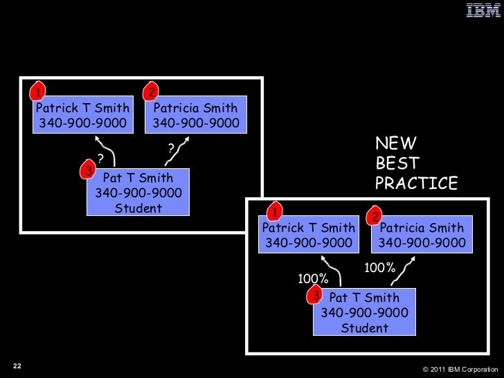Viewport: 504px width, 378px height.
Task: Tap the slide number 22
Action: point(17,366)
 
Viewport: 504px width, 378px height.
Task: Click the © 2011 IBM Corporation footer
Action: point(459,368)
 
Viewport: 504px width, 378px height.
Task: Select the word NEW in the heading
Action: point(395,143)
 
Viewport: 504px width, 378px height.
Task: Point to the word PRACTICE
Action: point(416,183)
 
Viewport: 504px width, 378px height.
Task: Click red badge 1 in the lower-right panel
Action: point(274,211)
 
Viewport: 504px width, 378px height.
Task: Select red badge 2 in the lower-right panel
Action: point(375,217)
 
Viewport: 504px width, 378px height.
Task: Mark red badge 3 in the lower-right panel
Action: point(316,296)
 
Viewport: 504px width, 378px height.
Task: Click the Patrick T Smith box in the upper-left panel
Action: point(83,116)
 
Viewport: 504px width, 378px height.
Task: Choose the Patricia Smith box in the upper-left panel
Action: point(195,116)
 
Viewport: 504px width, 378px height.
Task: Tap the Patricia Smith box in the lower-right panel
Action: point(422,235)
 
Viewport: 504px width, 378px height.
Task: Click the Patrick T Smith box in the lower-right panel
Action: point(309,235)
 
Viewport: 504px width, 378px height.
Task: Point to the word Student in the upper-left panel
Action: point(138,208)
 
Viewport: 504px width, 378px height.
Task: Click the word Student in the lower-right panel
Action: point(364,328)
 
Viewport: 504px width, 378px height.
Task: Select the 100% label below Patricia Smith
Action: point(379,268)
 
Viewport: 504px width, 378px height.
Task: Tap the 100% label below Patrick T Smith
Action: point(312,279)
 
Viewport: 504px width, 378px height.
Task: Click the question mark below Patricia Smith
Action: point(171,147)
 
